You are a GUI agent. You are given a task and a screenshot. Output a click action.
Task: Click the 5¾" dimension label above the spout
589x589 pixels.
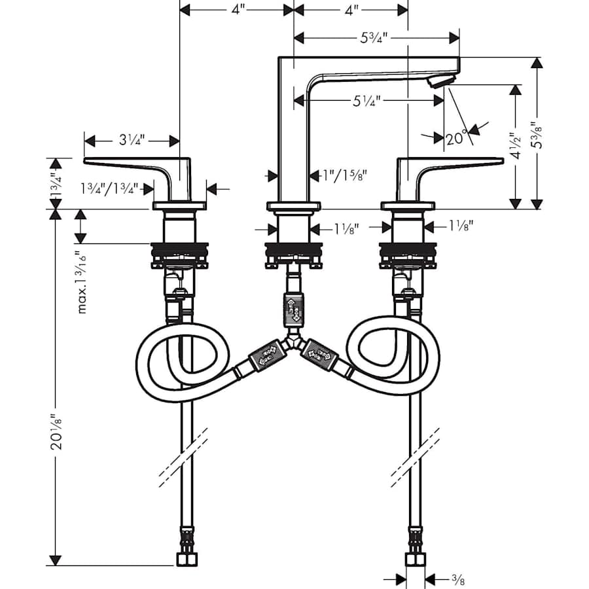(374, 37)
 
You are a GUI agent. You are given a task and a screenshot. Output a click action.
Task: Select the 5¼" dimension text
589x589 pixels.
(366, 100)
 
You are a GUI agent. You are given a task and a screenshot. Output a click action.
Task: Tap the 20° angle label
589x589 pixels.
(456, 138)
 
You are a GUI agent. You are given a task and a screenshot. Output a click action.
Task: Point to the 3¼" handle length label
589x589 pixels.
(132, 141)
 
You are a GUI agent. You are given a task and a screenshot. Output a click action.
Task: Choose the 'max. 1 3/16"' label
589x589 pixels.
(82, 281)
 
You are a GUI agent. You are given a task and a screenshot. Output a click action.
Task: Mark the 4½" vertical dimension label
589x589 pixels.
(516, 147)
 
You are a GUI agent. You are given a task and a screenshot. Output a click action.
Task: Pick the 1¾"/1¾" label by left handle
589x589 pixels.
(109, 188)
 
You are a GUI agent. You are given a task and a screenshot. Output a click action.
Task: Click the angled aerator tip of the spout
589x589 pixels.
(440, 82)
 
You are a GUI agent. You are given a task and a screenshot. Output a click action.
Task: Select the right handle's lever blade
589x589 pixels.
(458, 162)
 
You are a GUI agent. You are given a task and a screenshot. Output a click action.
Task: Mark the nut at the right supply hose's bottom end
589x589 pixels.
(415, 559)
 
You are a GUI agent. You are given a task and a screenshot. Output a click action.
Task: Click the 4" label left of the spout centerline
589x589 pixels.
(237, 10)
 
